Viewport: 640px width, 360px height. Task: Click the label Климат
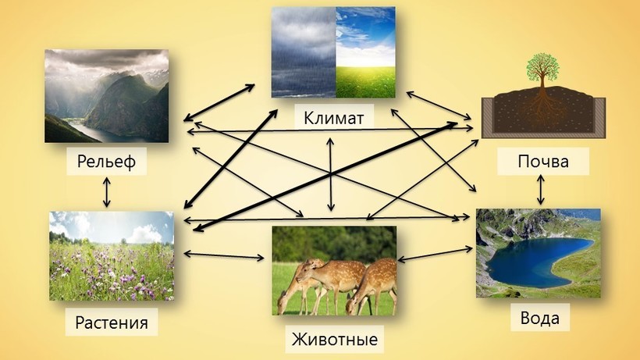[333, 118]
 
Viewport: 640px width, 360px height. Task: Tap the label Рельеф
[106, 161]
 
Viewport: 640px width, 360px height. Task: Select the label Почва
[543, 161]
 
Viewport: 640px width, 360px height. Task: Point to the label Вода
[539, 318]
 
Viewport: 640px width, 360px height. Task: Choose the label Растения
[112, 323]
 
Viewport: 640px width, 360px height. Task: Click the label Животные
[334, 339]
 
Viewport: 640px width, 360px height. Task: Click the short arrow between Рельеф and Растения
[106, 192]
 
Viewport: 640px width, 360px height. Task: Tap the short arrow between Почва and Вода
[541, 190]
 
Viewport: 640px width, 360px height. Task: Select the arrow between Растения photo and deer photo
[224, 255]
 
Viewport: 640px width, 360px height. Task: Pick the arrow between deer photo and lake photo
[435, 254]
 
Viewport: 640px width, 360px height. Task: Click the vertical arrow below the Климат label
[331, 174]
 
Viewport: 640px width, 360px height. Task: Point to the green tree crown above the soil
[542, 68]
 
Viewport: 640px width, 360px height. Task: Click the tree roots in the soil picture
[542, 106]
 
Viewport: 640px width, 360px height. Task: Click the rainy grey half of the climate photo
[304, 52]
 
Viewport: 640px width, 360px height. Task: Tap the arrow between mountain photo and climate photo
[219, 102]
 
